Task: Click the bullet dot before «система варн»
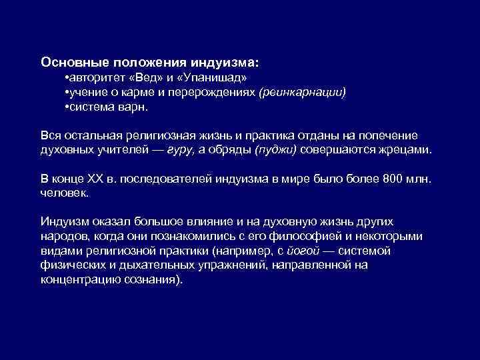(67, 107)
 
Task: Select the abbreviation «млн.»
(421, 179)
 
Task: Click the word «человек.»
(64, 193)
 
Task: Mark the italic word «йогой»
(301, 251)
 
